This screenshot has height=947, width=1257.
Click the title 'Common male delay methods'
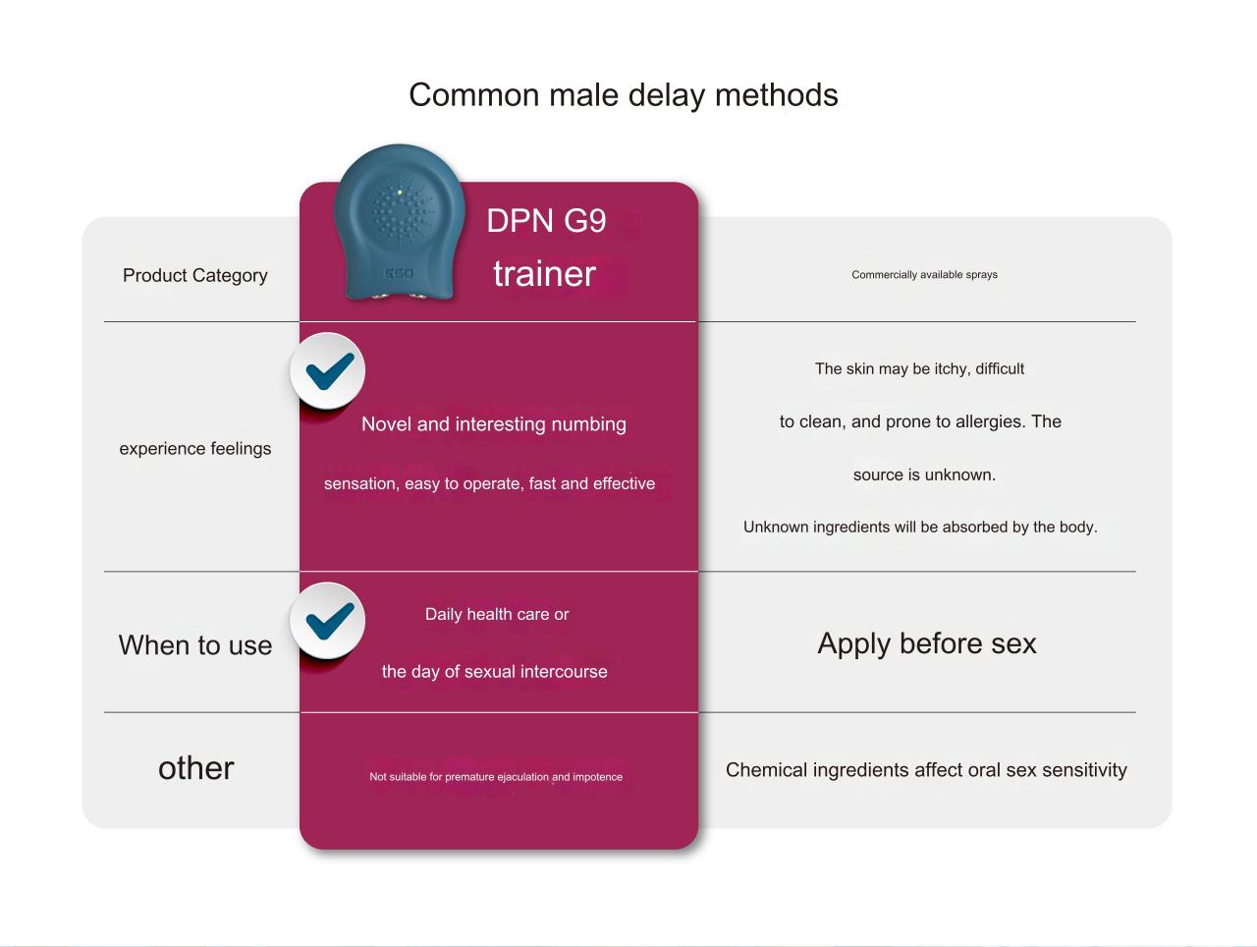[x=623, y=95]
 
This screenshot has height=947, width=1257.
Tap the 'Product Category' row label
[x=194, y=276]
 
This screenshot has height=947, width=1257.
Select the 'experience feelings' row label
[x=194, y=448]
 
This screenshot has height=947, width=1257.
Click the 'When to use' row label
[x=194, y=645]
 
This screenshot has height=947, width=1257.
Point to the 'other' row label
[x=195, y=768]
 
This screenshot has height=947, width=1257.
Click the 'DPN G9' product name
[x=546, y=221]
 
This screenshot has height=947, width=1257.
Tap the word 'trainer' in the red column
[x=544, y=273]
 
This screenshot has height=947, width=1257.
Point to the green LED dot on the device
[x=400, y=193]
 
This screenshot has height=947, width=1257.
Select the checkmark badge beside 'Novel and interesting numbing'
[x=328, y=370]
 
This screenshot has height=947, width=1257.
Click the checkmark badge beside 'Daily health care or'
[x=328, y=621]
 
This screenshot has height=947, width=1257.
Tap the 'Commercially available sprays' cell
[x=924, y=275]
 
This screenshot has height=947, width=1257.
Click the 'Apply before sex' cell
[x=927, y=643]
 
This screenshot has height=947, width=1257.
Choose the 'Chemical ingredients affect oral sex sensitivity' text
[x=926, y=770]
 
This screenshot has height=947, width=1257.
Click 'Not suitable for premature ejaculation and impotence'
[x=496, y=777]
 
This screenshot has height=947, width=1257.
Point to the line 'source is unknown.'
[x=924, y=474]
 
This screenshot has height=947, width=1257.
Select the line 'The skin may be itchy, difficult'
[x=920, y=369]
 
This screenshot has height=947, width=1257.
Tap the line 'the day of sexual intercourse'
[x=495, y=671]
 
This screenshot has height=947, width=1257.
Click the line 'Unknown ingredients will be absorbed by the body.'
[x=920, y=528]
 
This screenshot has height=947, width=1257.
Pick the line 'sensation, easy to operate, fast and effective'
[x=489, y=483]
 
